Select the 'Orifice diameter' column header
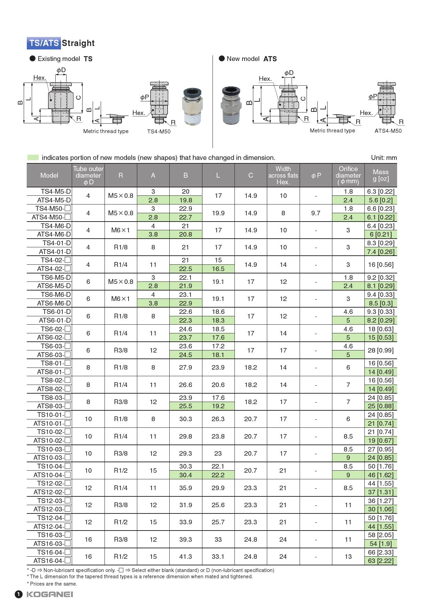pyautogui.click(x=348, y=175)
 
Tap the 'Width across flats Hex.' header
pyautogui.click(x=283, y=175)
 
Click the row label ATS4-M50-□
pyautogui.click(x=51, y=217)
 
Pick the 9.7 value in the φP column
pyautogui.click(x=316, y=213)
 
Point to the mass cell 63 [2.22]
pyautogui.click(x=380, y=561)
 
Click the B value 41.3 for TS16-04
pyautogui.click(x=185, y=557)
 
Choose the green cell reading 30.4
pyautogui.click(x=185, y=475)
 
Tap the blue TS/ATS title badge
pyautogui.click(x=44, y=43)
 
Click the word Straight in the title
pyautogui.click(x=78, y=43)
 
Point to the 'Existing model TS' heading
pyautogui.click(x=61, y=59)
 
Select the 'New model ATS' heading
pyautogui.click(x=248, y=59)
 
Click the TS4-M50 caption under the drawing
pyautogui.click(x=159, y=132)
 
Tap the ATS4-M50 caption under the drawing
pyautogui.click(x=388, y=131)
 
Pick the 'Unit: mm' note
pyautogui.click(x=384, y=157)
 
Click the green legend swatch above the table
pyautogui.click(x=33, y=157)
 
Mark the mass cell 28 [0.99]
pyautogui.click(x=380, y=350)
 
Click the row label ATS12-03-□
pyautogui.click(x=52, y=509)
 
